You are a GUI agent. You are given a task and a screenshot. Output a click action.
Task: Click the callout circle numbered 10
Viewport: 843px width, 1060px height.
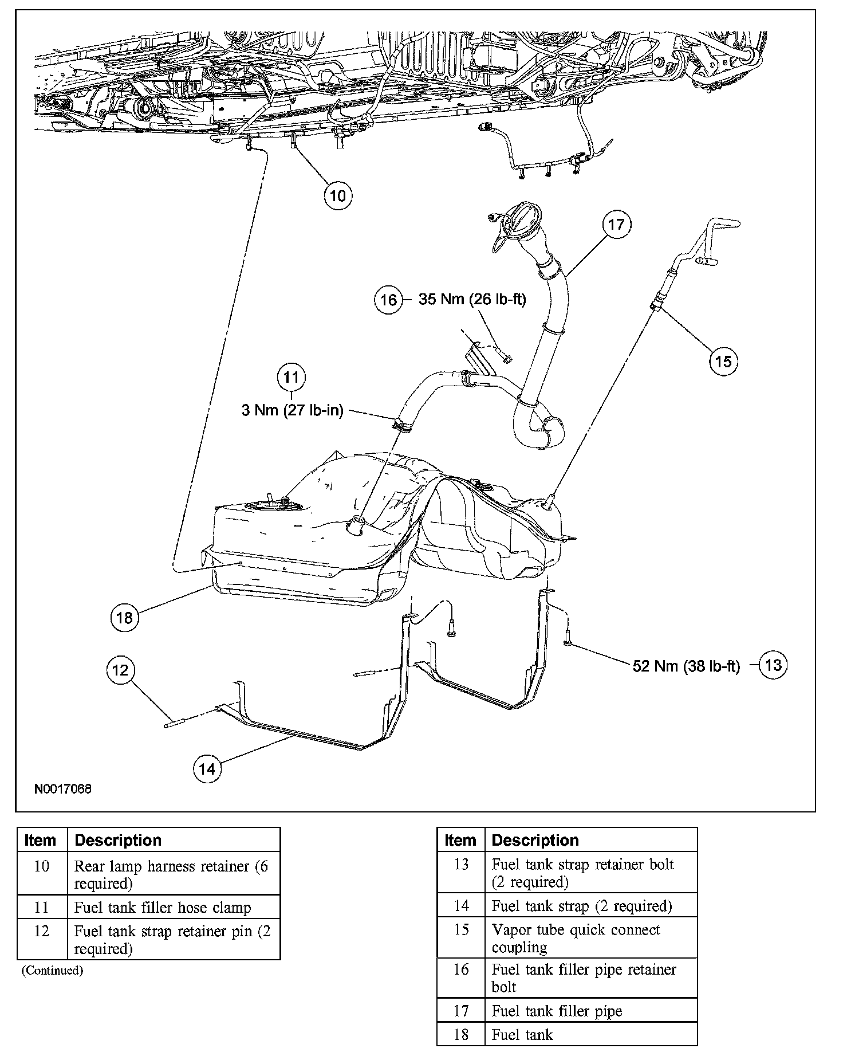tap(338, 196)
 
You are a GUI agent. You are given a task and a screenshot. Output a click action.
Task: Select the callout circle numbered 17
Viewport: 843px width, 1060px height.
tap(616, 224)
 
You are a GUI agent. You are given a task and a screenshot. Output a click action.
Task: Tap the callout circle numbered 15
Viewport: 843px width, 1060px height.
tap(723, 361)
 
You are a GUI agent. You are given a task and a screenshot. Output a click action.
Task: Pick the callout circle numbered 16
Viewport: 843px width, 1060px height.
tap(388, 300)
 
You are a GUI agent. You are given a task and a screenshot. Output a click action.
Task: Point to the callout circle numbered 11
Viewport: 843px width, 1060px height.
tap(291, 377)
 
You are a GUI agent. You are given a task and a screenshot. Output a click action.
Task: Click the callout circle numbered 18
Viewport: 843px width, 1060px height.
tap(124, 617)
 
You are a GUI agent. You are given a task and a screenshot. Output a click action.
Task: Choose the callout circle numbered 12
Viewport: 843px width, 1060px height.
tap(120, 670)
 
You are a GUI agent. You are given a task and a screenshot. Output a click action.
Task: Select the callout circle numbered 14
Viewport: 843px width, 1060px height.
tap(207, 768)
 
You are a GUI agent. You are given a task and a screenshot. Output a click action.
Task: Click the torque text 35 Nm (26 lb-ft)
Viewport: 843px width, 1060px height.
tap(472, 299)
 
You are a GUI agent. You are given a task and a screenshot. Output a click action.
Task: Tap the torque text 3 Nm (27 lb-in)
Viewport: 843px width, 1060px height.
tap(292, 410)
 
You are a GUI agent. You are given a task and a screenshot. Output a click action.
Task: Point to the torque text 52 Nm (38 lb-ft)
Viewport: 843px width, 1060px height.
tap(686, 666)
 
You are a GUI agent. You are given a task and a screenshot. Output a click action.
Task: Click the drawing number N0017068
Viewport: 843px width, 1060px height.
tap(63, 789)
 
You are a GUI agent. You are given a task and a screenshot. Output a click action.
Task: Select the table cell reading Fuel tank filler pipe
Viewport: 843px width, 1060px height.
tap(557, 1011)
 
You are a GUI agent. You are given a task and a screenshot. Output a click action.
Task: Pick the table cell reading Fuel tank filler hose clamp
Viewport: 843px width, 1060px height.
tap(163, 908)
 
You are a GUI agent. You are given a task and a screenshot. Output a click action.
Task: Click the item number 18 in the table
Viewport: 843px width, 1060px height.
tap(461, 1034)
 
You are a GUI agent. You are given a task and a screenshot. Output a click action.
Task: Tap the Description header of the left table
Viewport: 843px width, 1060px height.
tap(119, 840)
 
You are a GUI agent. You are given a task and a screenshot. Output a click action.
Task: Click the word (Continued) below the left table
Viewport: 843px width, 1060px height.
tap(52, 970)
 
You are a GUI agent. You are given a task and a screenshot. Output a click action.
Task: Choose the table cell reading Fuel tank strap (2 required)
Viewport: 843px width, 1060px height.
tap(582, 906)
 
